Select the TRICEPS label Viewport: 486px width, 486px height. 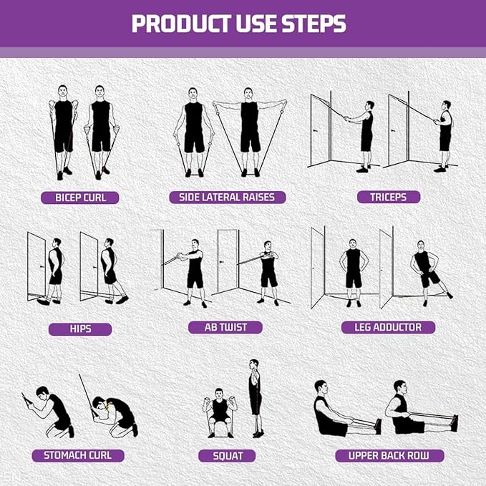pyautogui.click(x=389, y=198)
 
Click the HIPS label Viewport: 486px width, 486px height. pyautogui.click(x=80, y=329)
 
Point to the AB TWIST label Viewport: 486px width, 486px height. pyautogui.click(x=225, y=327)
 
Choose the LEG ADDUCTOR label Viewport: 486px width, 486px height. pyautogui.click(x=387, y=327)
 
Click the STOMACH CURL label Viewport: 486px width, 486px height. pyautogui.click(x=78, y=455)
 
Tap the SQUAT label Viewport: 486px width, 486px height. pyautogui.click(x=228, y=456)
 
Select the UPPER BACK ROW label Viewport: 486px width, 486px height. pyautogui.click(x=389, y=455)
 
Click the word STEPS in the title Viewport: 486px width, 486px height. pyautogui.click(x=309, y=24)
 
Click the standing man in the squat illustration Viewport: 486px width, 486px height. pyautogui.click(x=254, y=398)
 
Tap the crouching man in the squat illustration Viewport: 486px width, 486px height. pyautogui.click(x=219, y=412)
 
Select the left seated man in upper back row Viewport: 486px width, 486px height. pyautogui.click(x=331, y=412)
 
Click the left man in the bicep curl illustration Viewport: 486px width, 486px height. pyautogui.click(x=64, y=132)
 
